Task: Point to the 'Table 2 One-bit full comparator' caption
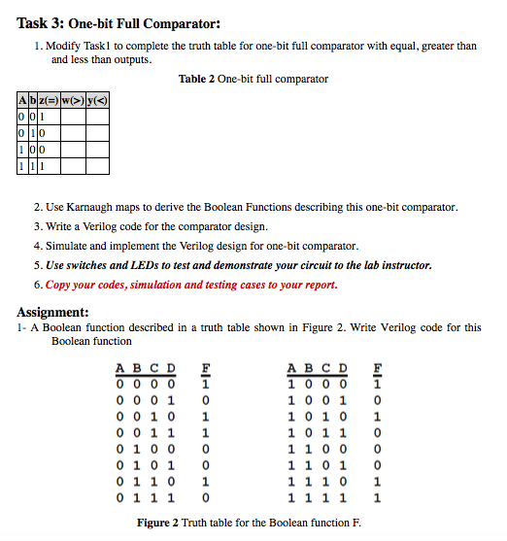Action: click(x=253, y=79)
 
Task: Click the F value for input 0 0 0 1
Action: click(x=206, y=399)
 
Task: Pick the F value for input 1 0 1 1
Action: click(x=378, y=432)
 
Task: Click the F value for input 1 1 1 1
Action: click(x=378, y=498)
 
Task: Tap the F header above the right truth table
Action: click(x=378, y=367)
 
